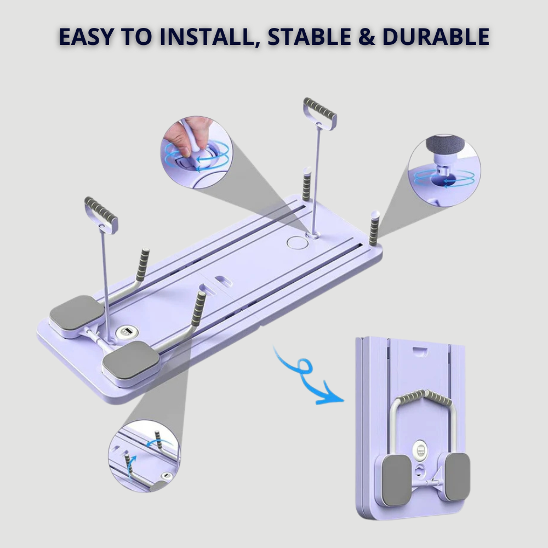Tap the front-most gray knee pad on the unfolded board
[131, 362]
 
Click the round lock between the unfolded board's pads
[125, 332]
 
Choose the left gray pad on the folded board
[395, 480]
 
